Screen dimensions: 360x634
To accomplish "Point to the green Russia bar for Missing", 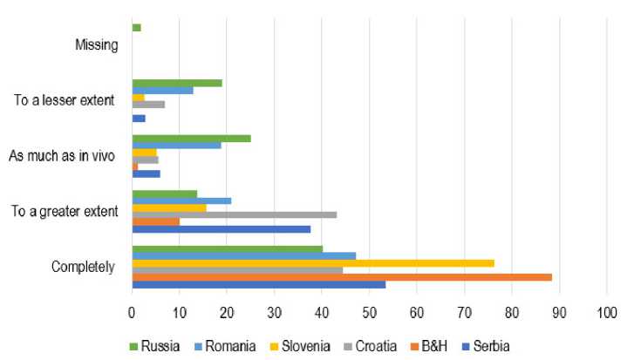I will click(136, 28).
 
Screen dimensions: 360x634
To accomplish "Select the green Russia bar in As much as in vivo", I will click(191, 138).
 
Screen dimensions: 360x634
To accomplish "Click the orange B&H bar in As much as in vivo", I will click(134, 166).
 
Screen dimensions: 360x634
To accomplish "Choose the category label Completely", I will click(84, 267).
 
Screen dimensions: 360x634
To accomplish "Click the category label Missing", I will click(97, 44).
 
